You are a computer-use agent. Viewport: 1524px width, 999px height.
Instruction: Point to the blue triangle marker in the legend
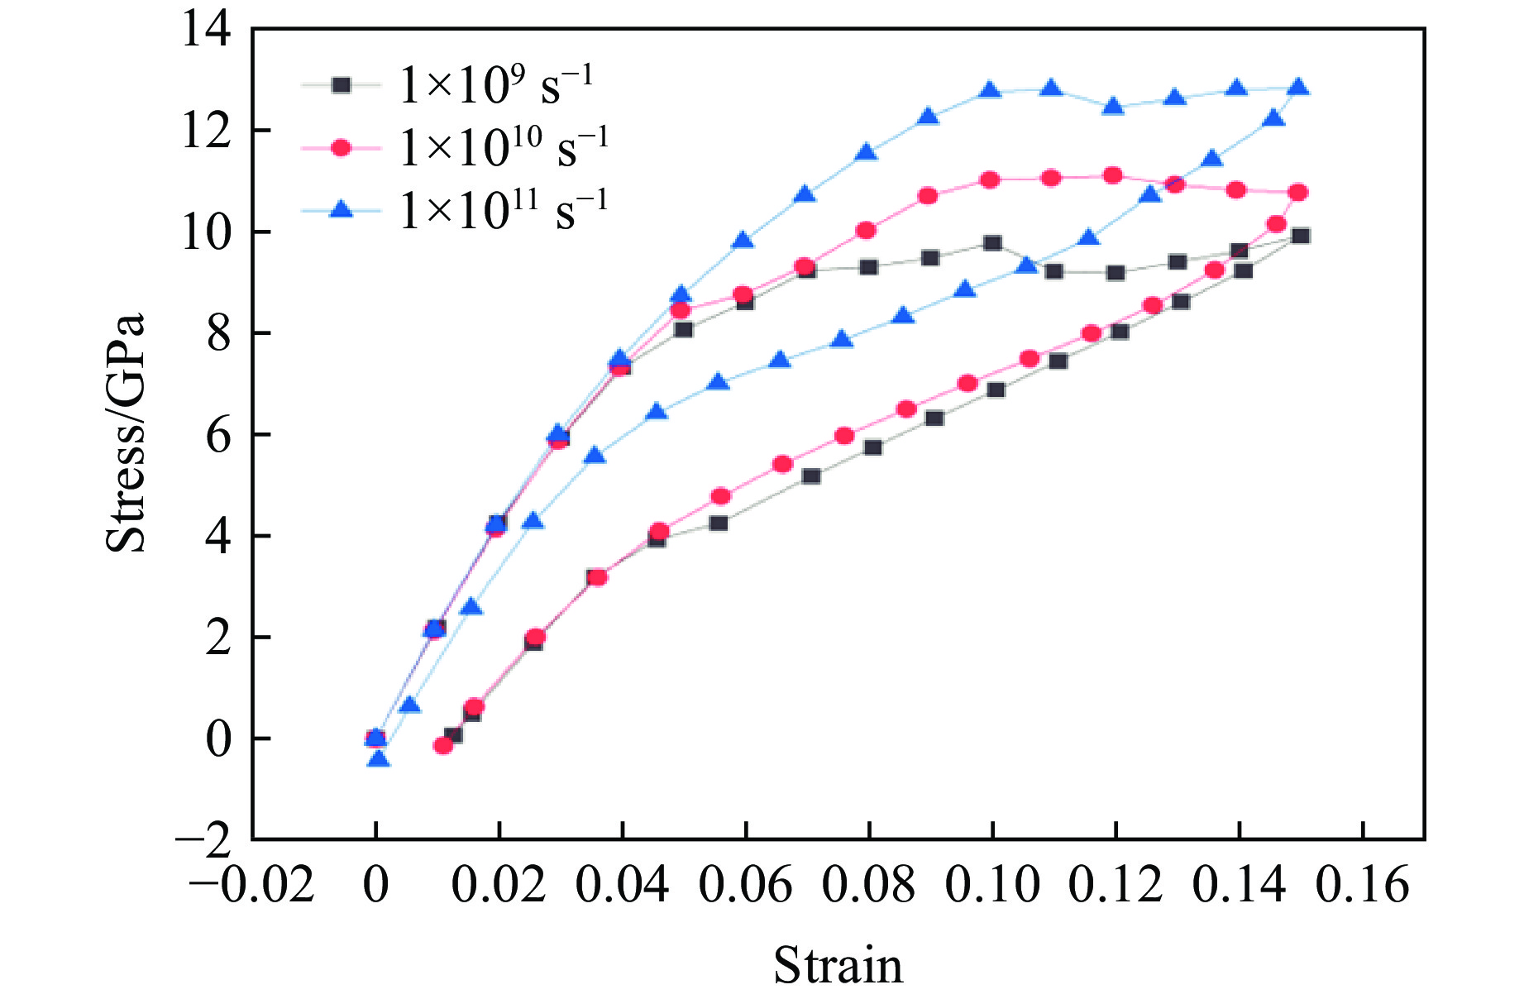pyautogui.click(x=341, y=210)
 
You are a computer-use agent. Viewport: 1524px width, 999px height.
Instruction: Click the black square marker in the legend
pyautogui.click(x=341, y=84)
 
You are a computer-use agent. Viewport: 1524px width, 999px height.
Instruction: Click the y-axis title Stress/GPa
pyautogui.click(x=126, y=433)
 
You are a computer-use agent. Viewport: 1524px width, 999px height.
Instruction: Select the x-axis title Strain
pyautogui.click(x=838, y=964)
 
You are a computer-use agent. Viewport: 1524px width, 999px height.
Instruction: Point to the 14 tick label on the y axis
pyautogui.click(x=206, y=31)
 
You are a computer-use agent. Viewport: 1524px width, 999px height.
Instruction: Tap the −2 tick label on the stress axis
pyautogui.click(x=203, y=839)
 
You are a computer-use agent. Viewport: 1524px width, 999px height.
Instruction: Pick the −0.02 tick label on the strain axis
pyautogui.click(x=252, y=886)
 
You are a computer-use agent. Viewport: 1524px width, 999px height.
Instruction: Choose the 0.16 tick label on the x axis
pyautogui.click(x=1362, y=886)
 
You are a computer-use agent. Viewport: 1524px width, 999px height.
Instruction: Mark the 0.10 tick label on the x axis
pyautogui.click(x=992, y=886)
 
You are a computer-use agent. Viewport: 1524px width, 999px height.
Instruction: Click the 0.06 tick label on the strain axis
pyautogui.click(x=745, y=886)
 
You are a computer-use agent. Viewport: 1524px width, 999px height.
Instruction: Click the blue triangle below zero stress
pyautogui.click(x=379, y=758)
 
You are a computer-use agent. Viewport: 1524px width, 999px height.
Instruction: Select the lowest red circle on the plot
pyautogui.click(x=443, y=745)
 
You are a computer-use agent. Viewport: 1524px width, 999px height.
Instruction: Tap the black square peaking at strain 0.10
pyautogui.click(x=992, y=243)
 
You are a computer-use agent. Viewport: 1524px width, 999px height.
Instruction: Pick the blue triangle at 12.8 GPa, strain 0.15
pyautogui.click(x=1299, y=88)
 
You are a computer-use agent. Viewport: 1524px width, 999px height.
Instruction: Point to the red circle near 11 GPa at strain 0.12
pyautogui.click(x=1113, y=175)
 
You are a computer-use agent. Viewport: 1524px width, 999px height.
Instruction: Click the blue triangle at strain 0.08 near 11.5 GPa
pyautogui.click(x=866, y=152)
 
